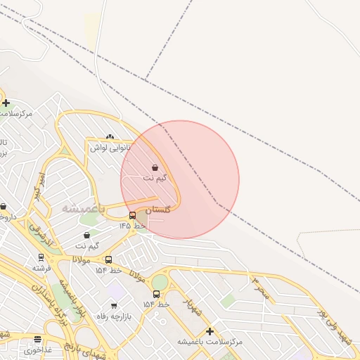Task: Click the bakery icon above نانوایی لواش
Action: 109,137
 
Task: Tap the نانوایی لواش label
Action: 110,148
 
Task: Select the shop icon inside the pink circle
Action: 155,168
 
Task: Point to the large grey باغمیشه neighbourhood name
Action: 83,209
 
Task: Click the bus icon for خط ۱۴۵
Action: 133,216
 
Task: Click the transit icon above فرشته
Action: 41,257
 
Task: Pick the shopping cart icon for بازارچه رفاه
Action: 114,306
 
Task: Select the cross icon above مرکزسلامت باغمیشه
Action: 210,331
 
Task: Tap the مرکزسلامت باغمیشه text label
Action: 210,341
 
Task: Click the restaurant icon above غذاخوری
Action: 38,339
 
